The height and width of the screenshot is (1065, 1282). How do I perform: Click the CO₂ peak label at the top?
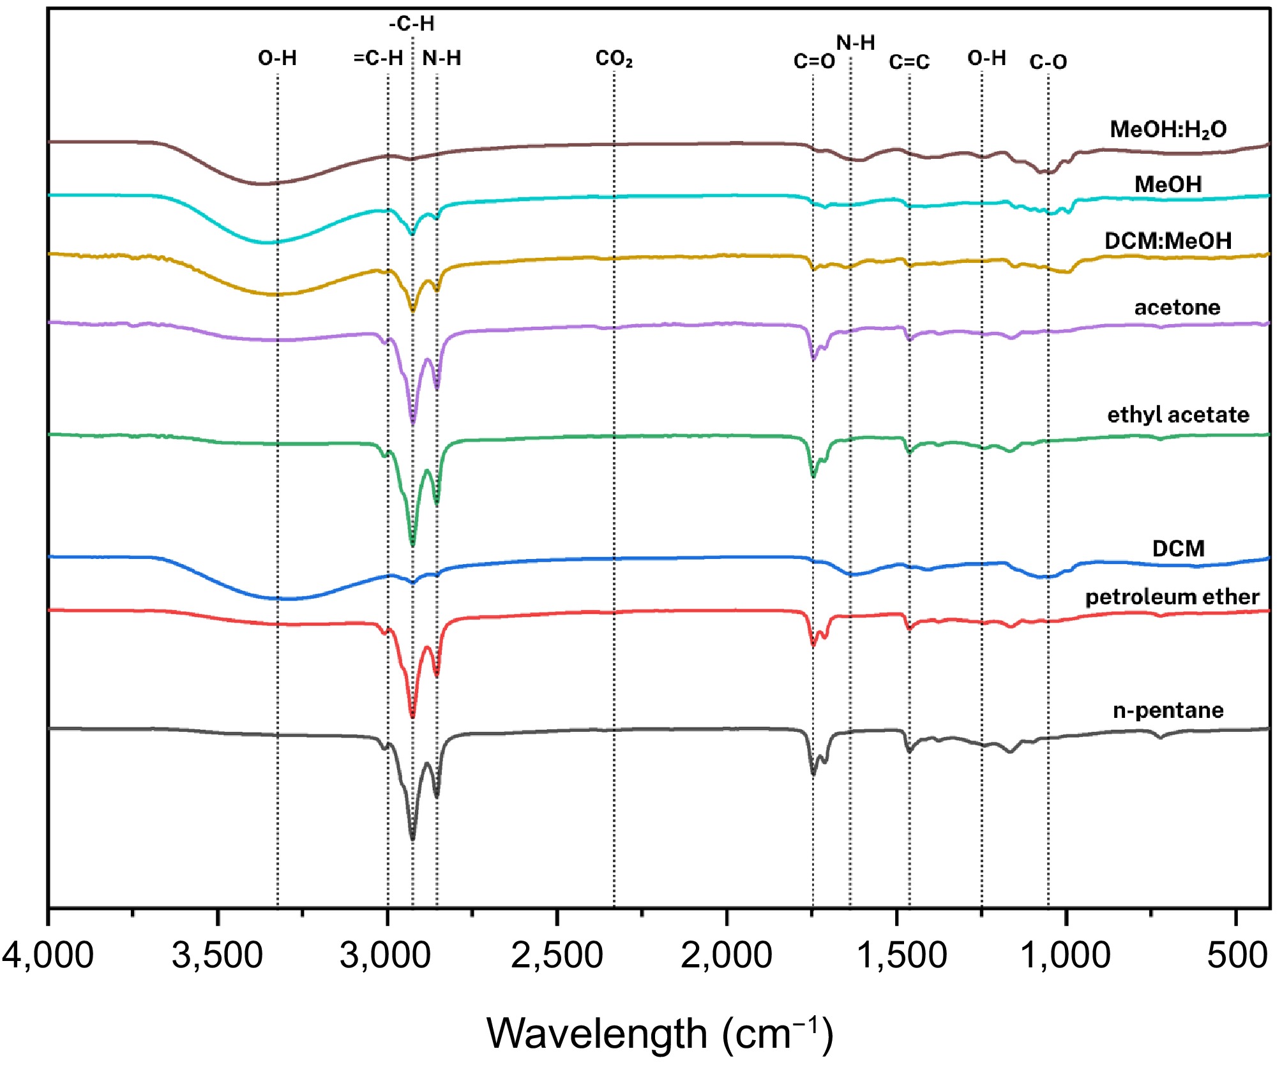[614, 59]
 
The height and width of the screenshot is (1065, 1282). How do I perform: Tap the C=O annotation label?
[814, 61]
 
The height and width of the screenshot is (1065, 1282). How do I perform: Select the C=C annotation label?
[909, 62]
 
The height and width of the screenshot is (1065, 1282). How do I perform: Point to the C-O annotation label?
[1048, 62]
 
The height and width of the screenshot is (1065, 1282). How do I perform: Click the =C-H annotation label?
[378, 58]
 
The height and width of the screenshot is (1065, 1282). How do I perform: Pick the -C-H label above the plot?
[412, 24]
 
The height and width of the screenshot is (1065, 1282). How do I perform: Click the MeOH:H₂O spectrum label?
[1168, 130]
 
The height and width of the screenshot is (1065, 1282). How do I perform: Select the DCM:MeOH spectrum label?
[1168, 241]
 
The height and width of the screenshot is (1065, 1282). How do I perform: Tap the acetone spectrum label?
[1177, 308]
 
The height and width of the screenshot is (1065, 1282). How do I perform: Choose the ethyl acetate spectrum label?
[1178, 415]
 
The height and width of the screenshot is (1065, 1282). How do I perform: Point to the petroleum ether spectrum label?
[1172, 597]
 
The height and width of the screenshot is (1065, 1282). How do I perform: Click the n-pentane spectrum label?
[1168, 710]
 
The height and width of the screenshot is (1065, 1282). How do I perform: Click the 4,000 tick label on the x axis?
[48, 955]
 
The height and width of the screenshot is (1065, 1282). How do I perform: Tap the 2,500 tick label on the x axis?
[557, 955]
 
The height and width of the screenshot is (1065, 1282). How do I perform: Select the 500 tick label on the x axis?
[1237, 955]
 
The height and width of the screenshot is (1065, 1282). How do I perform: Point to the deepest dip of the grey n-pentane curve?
[412, 838]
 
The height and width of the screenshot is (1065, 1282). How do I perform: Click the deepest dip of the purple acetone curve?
[412, 422]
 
